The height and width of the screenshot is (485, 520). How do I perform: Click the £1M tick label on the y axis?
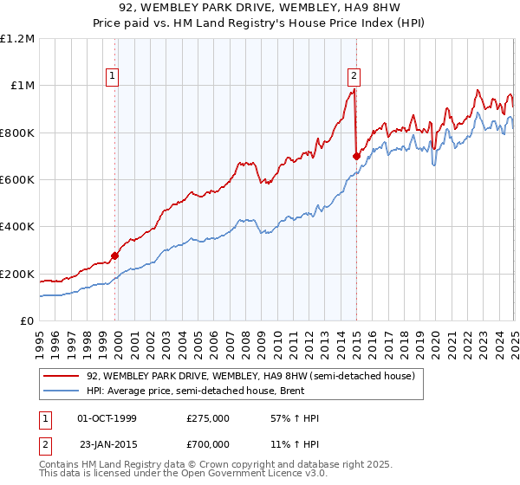20,85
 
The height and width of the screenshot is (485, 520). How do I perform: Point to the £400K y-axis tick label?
17,227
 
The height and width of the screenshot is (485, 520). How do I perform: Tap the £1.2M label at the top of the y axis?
17,38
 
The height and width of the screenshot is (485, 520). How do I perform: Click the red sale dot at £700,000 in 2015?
356,156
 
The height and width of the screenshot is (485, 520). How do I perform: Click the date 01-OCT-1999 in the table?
107,418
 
